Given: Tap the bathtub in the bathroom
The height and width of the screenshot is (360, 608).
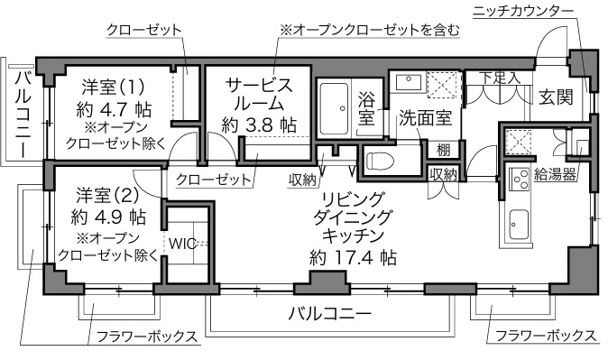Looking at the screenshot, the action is coord(335,108).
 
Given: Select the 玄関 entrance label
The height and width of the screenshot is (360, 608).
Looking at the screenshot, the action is coord(556,97).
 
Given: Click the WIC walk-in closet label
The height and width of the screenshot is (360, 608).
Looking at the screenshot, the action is coord(182,244).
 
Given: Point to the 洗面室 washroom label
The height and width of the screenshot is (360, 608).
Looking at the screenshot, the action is coord(426,117).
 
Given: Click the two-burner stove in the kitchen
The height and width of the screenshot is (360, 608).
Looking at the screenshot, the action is coord(520,180).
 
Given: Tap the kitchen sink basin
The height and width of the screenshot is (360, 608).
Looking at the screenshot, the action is coord(519,225).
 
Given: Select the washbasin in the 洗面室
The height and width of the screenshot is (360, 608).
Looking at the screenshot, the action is coord(409,83).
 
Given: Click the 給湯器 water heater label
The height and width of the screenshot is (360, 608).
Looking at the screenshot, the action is coord(555,174).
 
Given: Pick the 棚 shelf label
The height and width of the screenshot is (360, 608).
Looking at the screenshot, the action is coord(444,150).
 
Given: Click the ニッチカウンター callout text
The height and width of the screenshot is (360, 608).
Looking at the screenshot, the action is coord(523,11).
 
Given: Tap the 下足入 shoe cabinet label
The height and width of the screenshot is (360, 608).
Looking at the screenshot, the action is coord(500,78).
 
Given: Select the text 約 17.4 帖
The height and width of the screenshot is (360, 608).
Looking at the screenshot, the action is coord(354,257).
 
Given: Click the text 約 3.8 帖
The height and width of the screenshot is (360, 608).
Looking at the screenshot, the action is coord(259,125).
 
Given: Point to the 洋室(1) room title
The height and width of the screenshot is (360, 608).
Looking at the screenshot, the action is coord(113,87).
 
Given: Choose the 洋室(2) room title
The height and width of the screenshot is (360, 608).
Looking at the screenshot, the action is coord(107,196).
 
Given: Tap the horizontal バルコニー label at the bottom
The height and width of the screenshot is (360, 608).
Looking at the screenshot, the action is coord(329,313).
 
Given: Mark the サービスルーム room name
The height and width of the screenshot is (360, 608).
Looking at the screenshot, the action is coord(259,94).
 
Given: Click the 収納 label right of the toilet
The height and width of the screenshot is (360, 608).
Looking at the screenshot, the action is coord(443,174).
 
